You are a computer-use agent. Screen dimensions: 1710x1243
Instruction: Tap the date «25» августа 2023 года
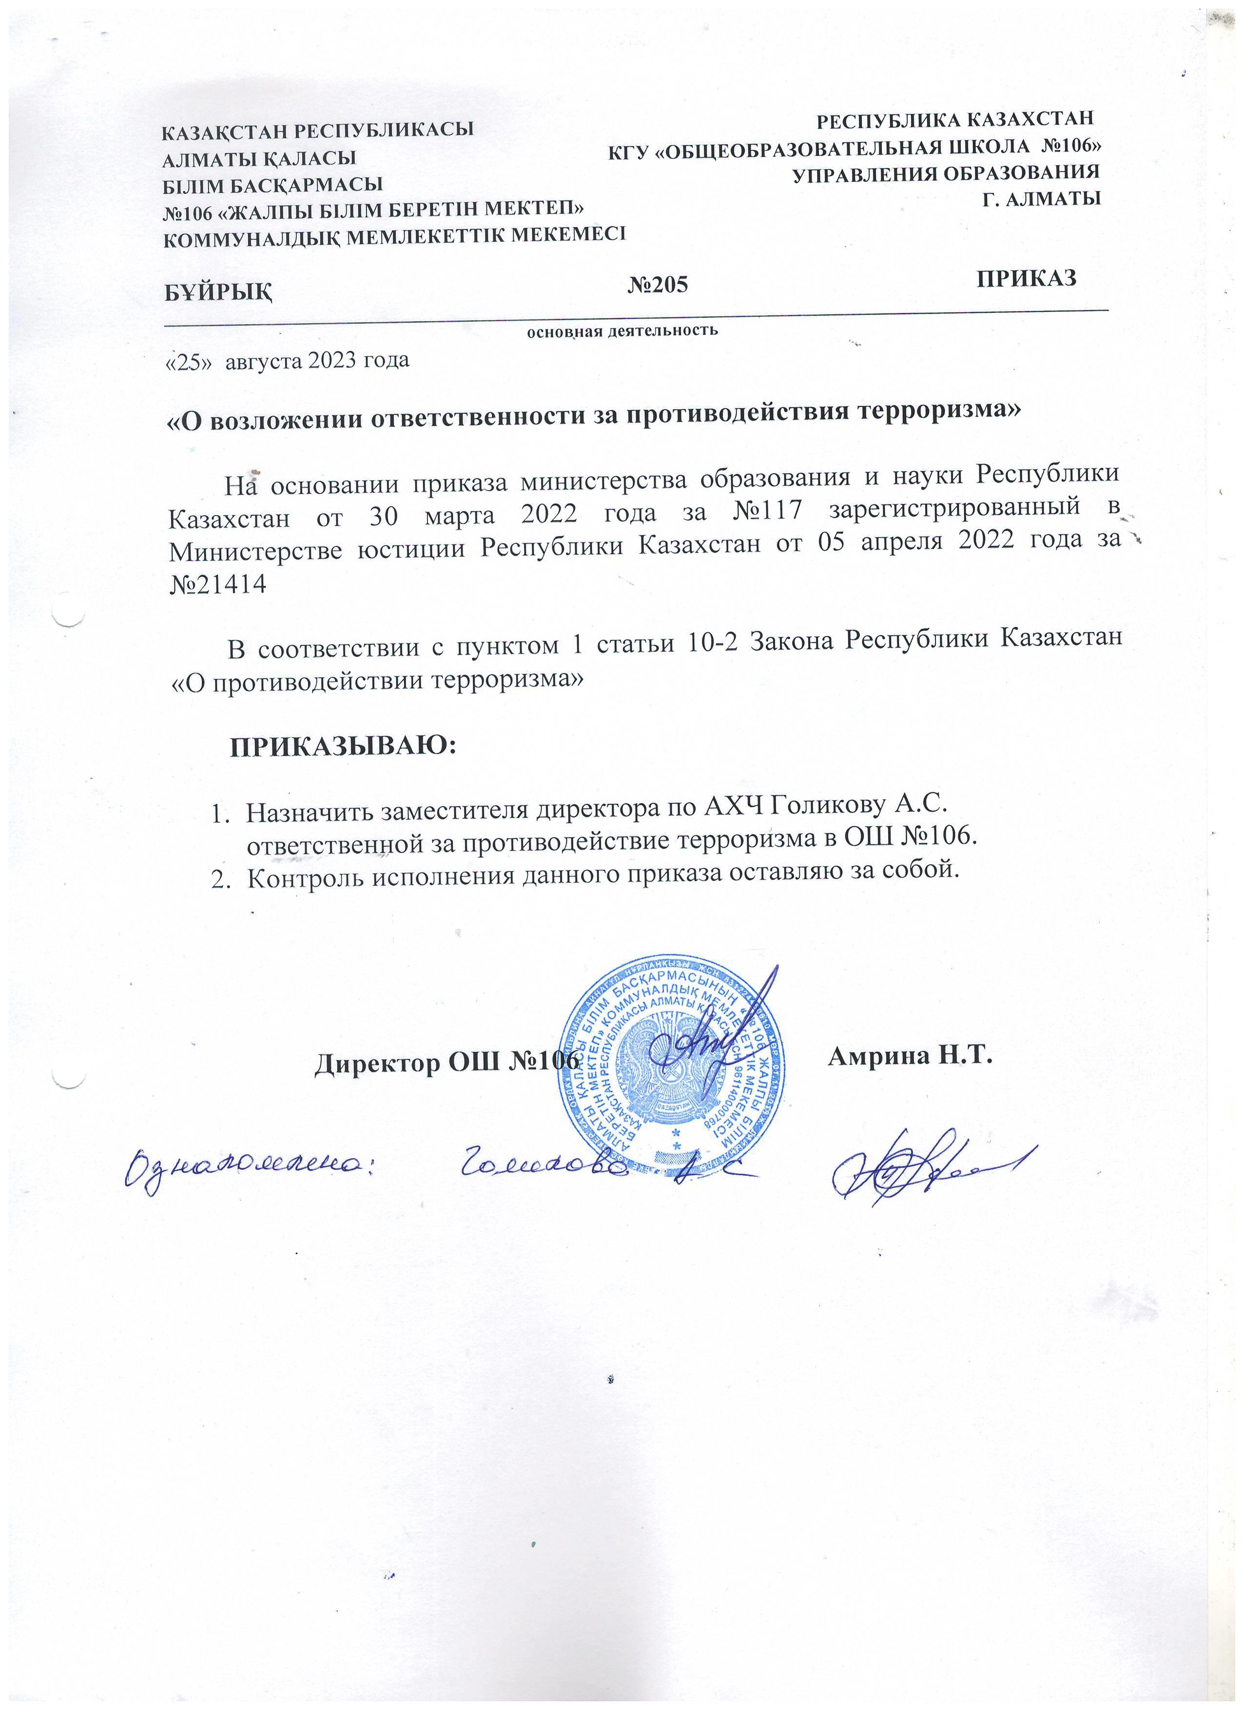coord(287,360)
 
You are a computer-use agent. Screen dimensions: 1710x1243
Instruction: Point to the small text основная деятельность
coord(622,330)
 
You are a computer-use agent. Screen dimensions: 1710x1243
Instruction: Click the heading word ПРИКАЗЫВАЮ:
coord(343,746)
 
